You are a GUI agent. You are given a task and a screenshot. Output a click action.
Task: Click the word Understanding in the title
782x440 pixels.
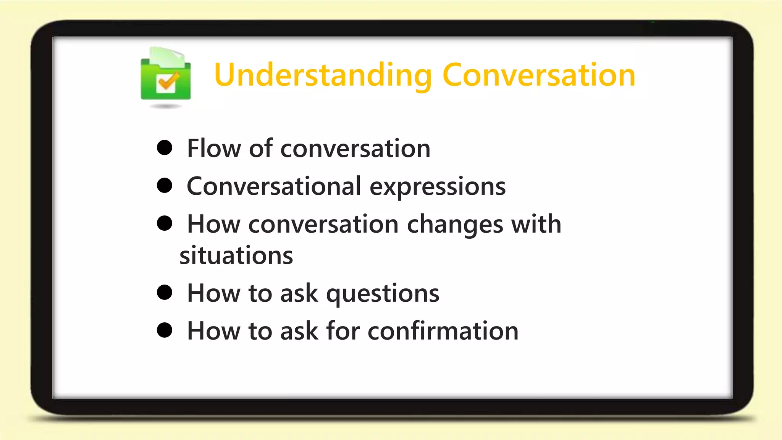pos(323,75)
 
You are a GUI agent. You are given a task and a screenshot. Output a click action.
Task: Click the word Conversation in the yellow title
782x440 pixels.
pos(539,75)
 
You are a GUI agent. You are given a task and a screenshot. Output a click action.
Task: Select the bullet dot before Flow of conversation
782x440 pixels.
pos(165,147)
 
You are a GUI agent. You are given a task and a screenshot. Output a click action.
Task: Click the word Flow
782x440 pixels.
pos(214,148)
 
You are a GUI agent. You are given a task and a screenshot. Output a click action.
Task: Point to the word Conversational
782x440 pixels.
pos(274,186)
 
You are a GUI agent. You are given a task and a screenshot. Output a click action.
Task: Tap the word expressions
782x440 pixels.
pos(438,187)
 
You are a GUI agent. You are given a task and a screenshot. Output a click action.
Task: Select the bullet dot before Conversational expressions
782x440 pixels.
pos(165,185)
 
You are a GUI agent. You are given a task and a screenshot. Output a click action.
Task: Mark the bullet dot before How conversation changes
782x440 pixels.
pos(165,223)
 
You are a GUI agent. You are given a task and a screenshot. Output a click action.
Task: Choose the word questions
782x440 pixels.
pos(383,294)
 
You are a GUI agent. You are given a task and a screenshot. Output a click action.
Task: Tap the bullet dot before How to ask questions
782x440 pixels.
pos(165,293)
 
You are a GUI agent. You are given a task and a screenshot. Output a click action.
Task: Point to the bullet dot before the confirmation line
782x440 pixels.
pos(165,330)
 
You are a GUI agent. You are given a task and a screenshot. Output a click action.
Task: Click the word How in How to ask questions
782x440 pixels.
pos(214,293)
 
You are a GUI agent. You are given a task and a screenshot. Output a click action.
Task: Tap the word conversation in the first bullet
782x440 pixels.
pos(355,148)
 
